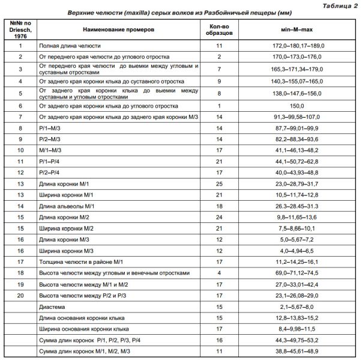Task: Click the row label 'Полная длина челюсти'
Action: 70,46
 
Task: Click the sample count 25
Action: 219,183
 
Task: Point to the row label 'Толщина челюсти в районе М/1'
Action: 80,261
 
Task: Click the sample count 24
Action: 219,216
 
